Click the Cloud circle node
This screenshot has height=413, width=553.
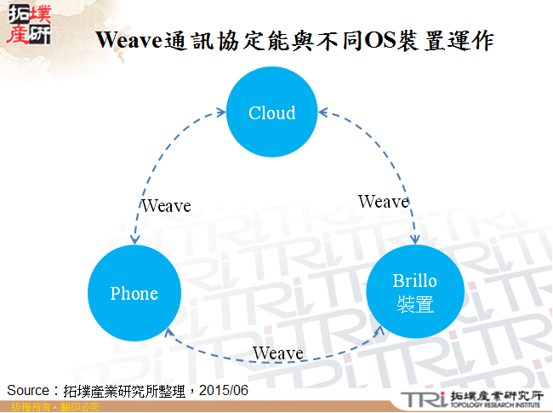271,112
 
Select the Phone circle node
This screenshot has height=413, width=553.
134,294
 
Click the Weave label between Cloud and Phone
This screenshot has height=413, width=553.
166,206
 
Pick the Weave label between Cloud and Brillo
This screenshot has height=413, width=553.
383,202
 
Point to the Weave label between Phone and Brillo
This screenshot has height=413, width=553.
277,353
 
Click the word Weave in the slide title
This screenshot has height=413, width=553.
128,42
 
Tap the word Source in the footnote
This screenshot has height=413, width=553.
28,389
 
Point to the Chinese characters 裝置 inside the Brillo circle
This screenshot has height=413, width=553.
414,304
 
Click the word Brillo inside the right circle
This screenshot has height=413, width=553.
414,282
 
